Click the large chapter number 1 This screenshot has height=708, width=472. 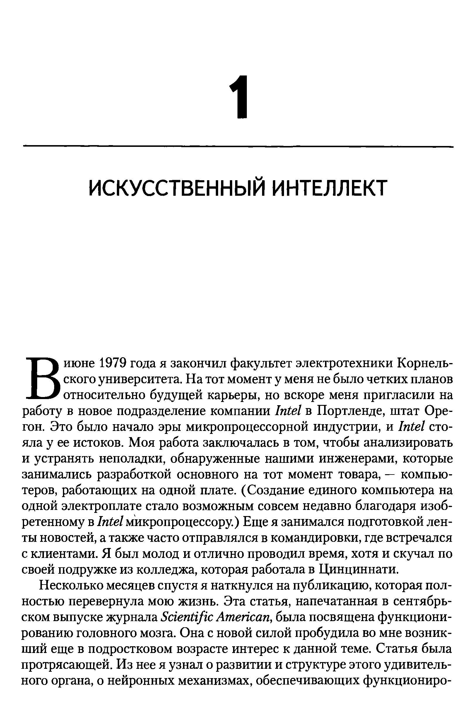click(240, 97)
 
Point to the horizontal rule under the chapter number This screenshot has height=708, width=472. click(238, 147)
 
